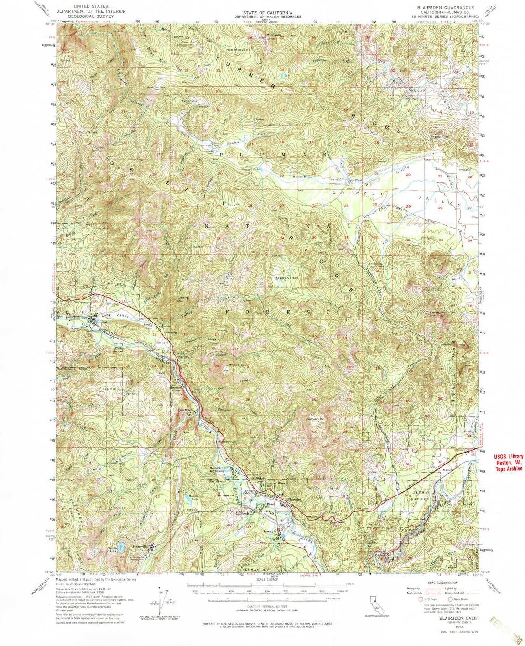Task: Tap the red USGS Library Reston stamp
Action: click(509, 462)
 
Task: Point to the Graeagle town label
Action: click(268, 531)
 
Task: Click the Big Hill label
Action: click(109, 389)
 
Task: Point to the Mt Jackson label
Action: click(237, 364)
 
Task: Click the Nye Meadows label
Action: click(239, 49)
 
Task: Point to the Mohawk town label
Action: click(241, 513)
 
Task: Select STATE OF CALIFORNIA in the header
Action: click(268, 13)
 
